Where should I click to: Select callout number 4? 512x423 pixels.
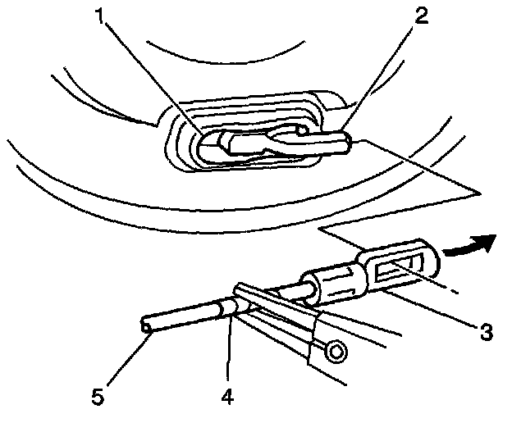pyautogui.click(x=227, y=396)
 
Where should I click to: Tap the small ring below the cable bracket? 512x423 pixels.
pyautogui.click(x=335, y=352)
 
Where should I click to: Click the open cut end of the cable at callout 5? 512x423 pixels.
pyautogui.click(x=147, y=328)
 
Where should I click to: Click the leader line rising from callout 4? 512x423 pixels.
pyautogui.click(x=231, y=352)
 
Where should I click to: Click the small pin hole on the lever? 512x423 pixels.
pyautogui.click(x=304, y=130)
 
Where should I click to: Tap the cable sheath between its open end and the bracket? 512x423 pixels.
pyautogui.click(x=185, y=318)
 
